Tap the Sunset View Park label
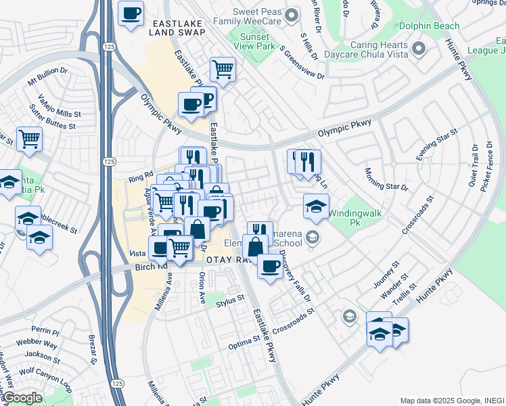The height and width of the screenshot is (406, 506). (252, 41)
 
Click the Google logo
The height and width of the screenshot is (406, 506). (22, 398)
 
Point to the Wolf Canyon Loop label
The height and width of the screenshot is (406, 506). (45, 376)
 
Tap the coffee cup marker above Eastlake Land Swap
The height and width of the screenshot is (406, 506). (131, 13)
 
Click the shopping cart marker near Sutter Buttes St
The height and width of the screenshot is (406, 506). (29, 139)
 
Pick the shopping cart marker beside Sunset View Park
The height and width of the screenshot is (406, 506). (222, 69)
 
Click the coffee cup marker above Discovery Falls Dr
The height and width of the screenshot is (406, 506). (270, 267)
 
